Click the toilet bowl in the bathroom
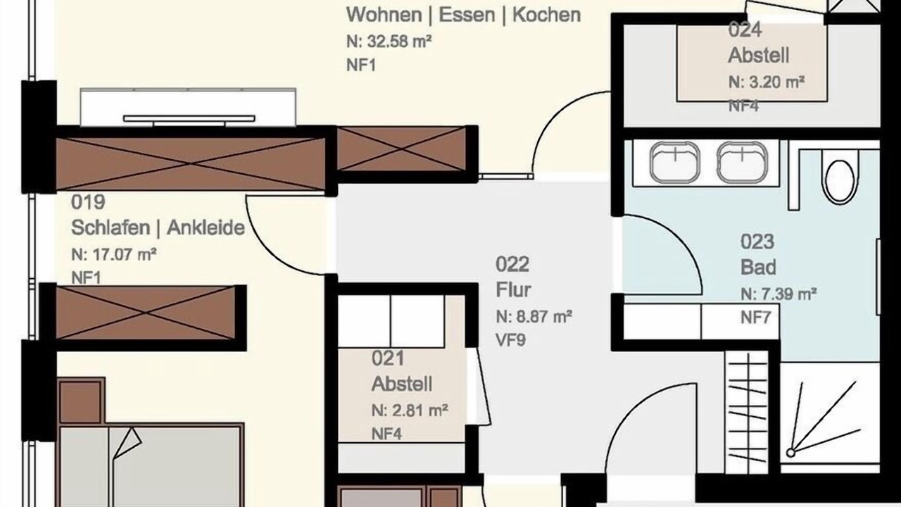[840, 182]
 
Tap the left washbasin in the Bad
[674, 163]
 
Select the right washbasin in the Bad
[743, 163]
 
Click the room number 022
[512, 264]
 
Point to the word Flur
[513, 289]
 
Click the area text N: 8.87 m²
[534, 317]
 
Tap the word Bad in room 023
[758, 267]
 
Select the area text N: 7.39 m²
[779, 294]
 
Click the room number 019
[88, 202]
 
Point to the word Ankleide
[206, 227]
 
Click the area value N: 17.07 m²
[114, 255]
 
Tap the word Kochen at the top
[547, 15]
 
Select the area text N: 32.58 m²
[389, 41]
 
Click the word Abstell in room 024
[759, 56]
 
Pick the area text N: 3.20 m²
[767, 82]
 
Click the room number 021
[388, 358]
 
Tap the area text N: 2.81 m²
[410, 411]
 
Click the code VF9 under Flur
[511, 341]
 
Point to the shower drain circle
[790, 453]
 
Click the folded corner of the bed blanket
[127, 443]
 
